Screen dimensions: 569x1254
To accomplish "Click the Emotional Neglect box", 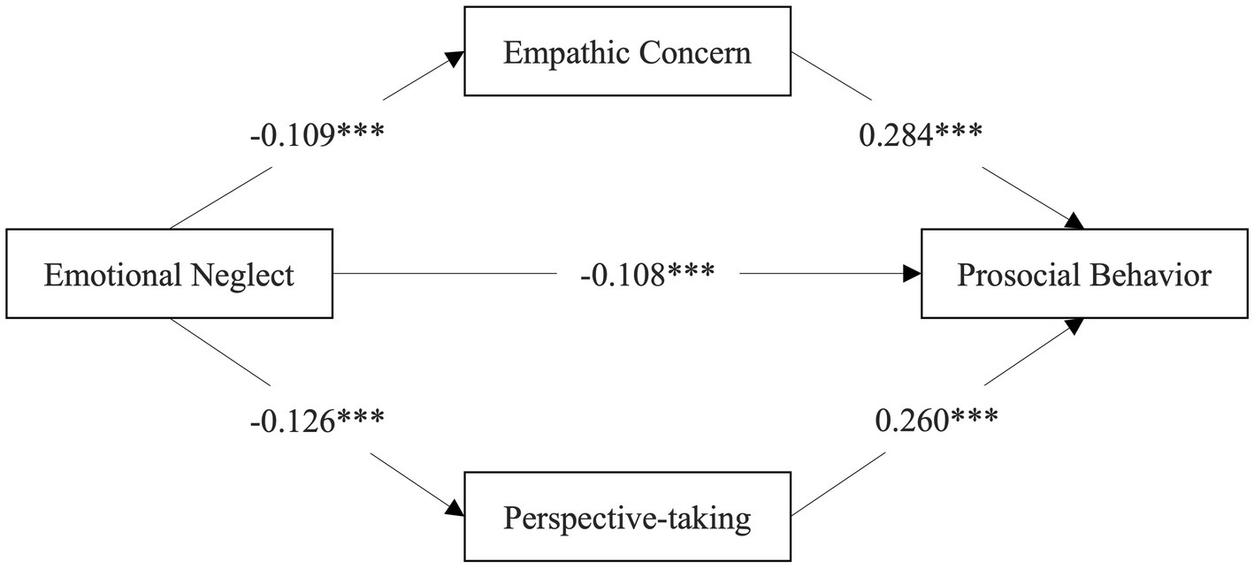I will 169,274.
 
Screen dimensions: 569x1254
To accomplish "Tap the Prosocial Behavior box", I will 1084,274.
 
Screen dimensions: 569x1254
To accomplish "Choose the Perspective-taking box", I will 627,518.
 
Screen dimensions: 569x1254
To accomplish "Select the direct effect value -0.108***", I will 648,275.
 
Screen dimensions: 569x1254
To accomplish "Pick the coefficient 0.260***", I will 936,417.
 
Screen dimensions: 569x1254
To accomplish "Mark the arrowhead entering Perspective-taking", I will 455,508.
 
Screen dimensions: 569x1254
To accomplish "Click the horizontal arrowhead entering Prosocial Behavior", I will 911,275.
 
